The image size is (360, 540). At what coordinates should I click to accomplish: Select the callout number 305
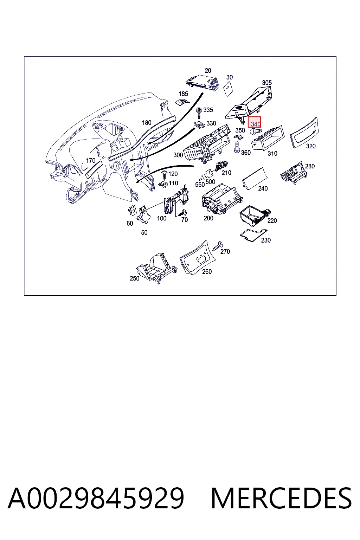(x=267, y=83)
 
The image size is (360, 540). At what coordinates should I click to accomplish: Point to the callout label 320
(x=310, y=146)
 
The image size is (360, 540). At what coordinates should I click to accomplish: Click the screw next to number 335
(x=199, y=112)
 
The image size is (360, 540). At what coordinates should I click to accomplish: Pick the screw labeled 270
(x=218, y=246)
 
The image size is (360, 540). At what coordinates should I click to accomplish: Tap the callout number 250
(x=135, y=278)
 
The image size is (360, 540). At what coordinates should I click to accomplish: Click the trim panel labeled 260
(x=198, y=258)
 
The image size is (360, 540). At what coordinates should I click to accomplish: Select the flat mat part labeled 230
(x=253, y=235)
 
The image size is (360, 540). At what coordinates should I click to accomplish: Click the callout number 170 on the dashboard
(x=91, y=160)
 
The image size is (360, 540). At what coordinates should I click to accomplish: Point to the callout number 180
(x=147, y=123)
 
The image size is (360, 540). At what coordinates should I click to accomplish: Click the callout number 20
(x=208, y=70)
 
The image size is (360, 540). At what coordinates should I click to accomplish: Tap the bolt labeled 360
(x=237, y=147)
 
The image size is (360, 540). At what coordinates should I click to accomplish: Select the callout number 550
(x=200, y=185)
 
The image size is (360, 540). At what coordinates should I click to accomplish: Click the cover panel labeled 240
(x=255, y=178)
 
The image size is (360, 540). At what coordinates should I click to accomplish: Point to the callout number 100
(x=162, y=218)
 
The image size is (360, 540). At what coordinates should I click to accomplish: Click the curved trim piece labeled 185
(x=183, y=102)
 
